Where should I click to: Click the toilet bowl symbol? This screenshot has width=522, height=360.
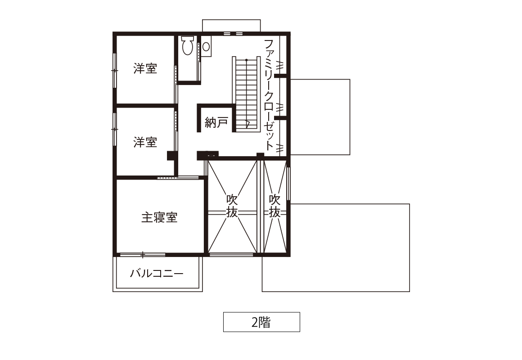188,45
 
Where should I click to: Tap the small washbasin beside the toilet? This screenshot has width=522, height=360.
206,47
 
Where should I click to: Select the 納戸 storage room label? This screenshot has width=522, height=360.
216,122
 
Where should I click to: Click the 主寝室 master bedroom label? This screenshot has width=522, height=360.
159,217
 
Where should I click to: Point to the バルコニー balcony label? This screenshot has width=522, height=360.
157,274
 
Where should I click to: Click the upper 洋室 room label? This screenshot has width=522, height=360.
145,68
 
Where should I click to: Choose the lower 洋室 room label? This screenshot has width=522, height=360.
145,142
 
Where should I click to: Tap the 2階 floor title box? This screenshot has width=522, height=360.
261,322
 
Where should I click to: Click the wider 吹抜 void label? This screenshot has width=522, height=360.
232,206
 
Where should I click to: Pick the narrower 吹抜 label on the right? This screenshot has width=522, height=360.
274,206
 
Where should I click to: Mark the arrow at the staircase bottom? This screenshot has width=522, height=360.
247,124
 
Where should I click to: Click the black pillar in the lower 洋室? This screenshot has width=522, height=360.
172,156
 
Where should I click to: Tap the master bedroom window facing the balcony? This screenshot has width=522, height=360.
143,255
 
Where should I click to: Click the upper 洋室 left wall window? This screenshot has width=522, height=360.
114,71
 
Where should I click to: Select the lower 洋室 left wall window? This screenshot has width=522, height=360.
114,129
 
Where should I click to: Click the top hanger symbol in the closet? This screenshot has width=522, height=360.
280,65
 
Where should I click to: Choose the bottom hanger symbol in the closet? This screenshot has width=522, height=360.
280,147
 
